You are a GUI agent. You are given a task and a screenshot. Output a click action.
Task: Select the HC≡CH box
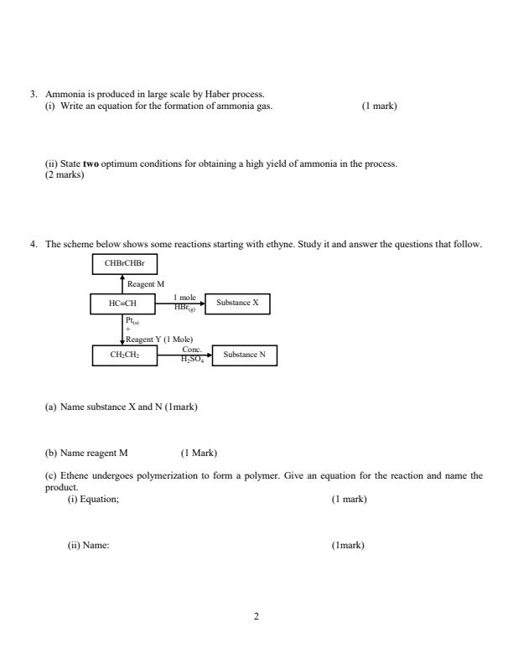124,303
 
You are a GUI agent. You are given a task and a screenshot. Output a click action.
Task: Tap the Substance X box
237,303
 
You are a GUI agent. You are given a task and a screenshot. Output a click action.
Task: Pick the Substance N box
244,355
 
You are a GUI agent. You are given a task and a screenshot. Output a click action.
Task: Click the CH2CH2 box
124,355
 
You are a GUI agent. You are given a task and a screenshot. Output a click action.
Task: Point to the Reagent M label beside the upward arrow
146,285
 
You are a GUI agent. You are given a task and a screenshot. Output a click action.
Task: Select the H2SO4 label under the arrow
193,360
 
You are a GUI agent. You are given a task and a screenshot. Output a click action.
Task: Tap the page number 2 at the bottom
256,617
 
